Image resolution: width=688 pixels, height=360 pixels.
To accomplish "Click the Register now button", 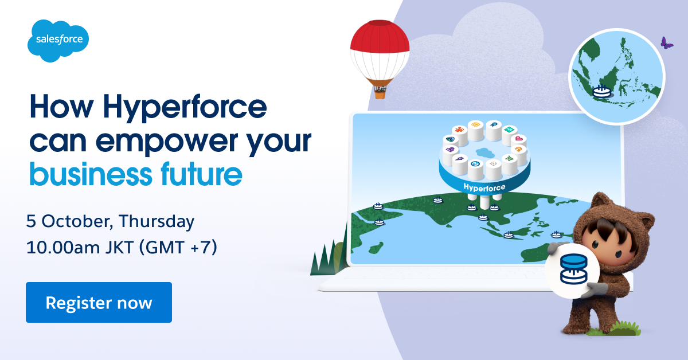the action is pyautogui.click(x=99, y=302).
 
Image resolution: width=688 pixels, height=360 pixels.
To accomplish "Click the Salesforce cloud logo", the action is pyautogui.click(x=58, y=40).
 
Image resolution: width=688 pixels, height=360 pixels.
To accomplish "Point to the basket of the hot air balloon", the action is pyautogui.click(x=380, y=92).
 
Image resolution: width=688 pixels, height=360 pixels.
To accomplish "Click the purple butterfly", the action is pyautogui.click(x=666, y=43).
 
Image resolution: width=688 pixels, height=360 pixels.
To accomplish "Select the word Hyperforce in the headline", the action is pyautogui.click(x=185, y=108).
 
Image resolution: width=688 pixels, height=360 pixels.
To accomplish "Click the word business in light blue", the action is pyautogui.click(x=91, y=174).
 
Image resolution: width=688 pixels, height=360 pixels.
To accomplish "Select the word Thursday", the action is pyautogui.click(x=157, y=221).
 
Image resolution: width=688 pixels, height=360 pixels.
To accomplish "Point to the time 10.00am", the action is pyautogui.click(x=63, y=248).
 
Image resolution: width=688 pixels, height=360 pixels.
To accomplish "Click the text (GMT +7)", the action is pyautogui.click(x=178, y=248).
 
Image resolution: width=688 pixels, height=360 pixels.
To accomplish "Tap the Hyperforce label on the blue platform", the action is pyautogui.click(x=484, y=187).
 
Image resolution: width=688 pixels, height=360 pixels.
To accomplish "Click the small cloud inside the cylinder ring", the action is pyautogui.click(x=485, y=152).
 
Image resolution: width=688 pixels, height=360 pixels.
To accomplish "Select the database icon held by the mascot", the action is pyautogui.click(x=573, y=269).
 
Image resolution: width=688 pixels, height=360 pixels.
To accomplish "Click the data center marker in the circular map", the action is pyautogui.click(x=601, y=91).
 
